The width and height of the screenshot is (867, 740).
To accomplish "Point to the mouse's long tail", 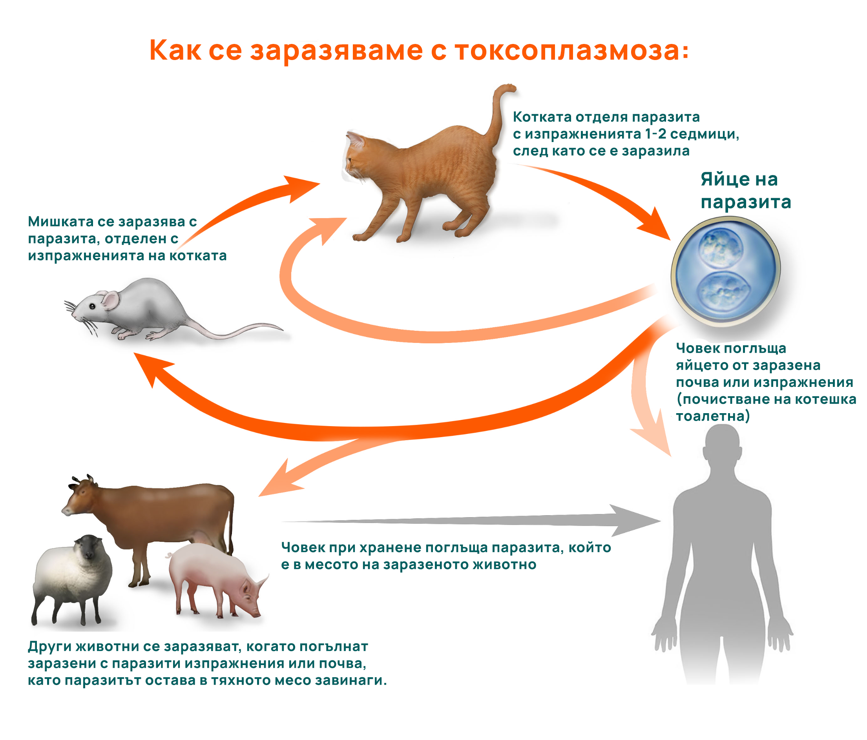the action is click(239, 330).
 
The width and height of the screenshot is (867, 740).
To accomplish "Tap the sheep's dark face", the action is click(88, 548).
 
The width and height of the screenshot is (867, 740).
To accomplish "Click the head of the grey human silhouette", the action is click(722, 445).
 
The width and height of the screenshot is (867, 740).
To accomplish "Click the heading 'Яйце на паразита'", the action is click(746, 190).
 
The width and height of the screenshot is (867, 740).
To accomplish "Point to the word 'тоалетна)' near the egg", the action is click(713, 416).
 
